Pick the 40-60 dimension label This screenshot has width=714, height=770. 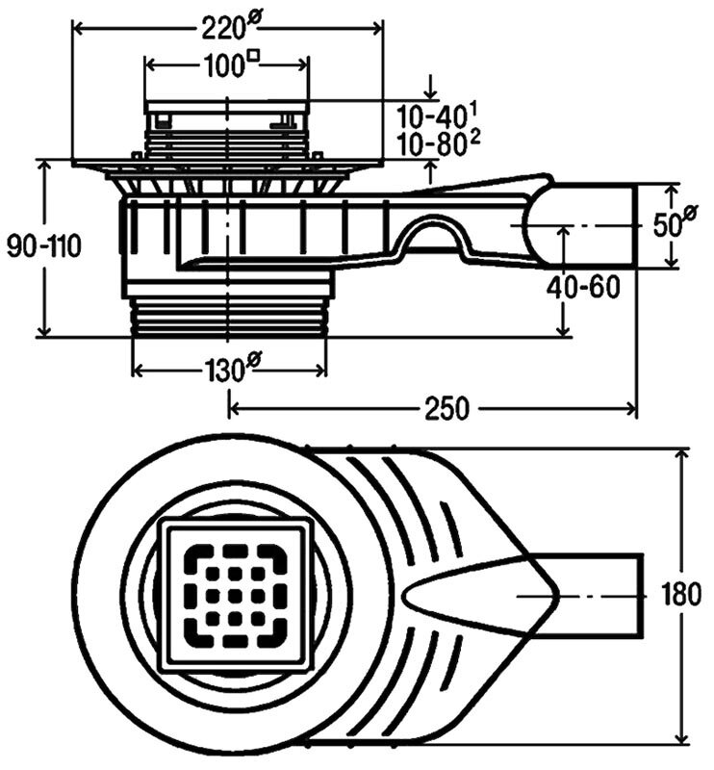(x=582, y=287)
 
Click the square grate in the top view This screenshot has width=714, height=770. (x=236, y=597)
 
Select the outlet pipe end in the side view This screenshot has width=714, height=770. (x=601, y=226)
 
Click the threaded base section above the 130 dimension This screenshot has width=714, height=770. (x=229, y=317)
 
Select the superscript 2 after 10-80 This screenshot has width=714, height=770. (x=475, y=136)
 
